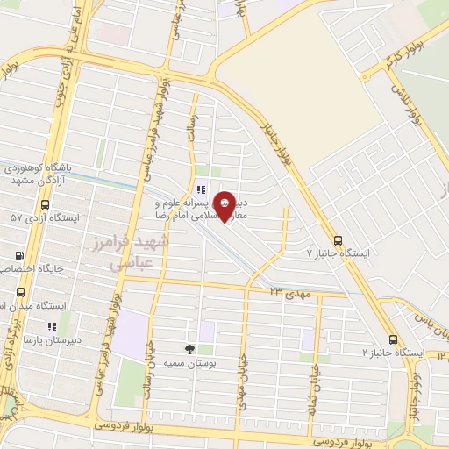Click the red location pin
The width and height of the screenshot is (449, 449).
pos(224,205)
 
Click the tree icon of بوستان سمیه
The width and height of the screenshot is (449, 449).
pos(190,348)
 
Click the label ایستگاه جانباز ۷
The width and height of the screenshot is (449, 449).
pos(338,253)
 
